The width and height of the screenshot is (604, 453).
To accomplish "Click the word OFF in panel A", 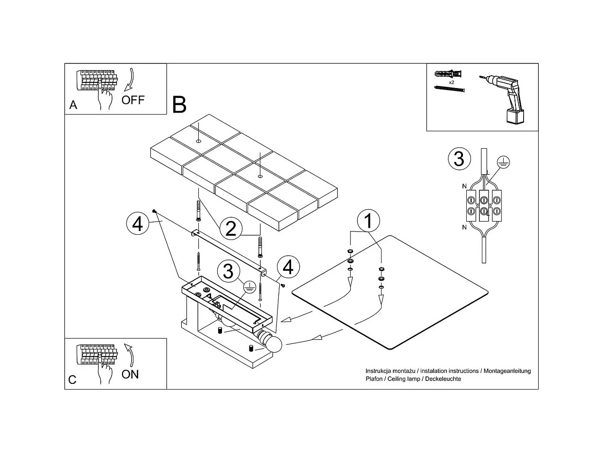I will (x=133, y=100).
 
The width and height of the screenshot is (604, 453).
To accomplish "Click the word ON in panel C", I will (x=130, y=374).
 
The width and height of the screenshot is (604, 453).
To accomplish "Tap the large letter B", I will (x=179, y=105).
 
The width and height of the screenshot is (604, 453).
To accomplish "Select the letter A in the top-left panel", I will (x=73, y=105).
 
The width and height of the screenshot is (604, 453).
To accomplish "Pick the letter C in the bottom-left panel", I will (x=72, y=380).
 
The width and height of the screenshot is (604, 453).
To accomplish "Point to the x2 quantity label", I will (x=452, y=82).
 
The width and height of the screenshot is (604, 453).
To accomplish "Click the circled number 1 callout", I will (x=369, y=221).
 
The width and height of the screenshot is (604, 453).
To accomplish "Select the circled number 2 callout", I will (x=231, y=228).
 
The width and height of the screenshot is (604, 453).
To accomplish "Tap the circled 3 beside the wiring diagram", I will (x=459, y=159).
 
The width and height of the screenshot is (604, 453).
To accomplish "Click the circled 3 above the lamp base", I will (x=228, y=271).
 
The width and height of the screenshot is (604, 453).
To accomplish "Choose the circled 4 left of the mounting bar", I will (x=137, y=223).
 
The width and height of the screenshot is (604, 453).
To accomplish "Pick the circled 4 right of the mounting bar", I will (x=288, y=267).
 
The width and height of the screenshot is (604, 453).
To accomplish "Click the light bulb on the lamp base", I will (x=273, y=344).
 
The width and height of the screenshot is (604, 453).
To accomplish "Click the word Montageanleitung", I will (x=507, y=371).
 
